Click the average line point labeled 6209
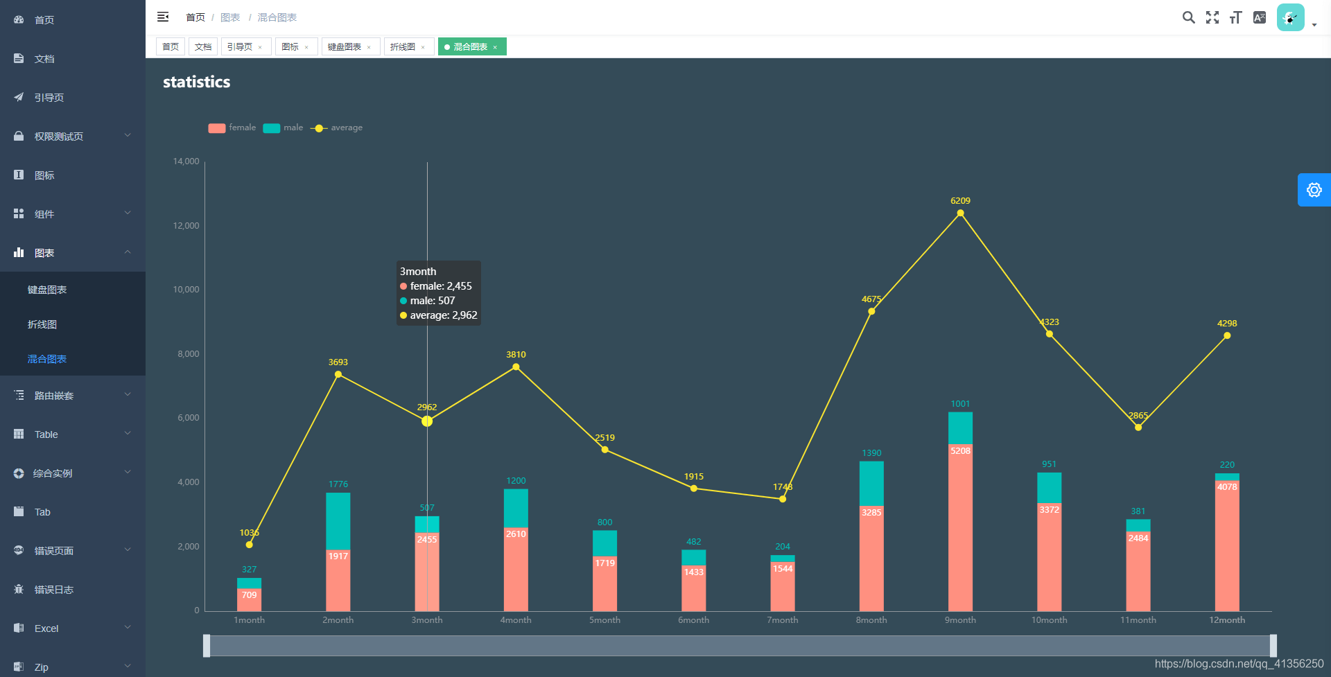pos(960,213)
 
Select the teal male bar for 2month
pos(338,521)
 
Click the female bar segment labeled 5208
pos(960,527)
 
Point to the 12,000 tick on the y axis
pos(186,226)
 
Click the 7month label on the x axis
pos(782,620)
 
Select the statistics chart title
pos(196,82)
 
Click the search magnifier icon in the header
pos(1188,17)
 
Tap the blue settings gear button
pos(1314,190)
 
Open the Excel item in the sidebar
pos(46,628)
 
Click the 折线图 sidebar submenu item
pos(42,324)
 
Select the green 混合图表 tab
pos(471,46)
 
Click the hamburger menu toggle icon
pos(163,17)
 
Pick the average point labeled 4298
pos(1226,335)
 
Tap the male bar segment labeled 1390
pos(871,483)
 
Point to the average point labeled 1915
pos(693,489)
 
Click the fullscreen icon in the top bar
pos(1212,17)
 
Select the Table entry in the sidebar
pos(46,434)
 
